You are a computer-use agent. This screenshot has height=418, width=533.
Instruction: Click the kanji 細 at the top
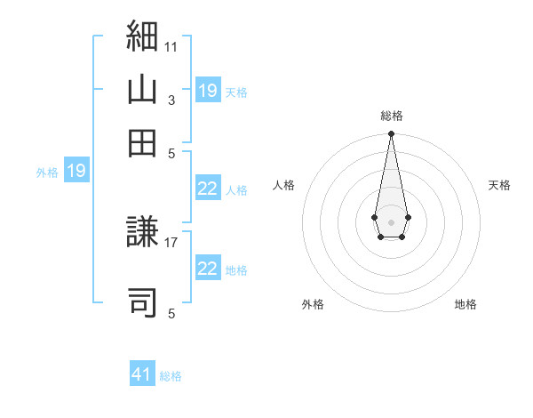(x=142, y=36)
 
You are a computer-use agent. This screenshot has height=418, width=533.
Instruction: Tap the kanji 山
(x=142, y=89)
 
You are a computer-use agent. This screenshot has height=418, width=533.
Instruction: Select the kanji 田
(x=142, y=143)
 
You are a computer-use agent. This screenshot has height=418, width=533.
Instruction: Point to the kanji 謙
(x=142, y=231)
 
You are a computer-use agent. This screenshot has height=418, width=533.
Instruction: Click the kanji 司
(x=142, y=302)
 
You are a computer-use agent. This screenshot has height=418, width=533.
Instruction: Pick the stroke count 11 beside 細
(x=171, y=47)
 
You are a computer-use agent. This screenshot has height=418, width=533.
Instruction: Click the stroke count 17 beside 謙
(x=171, y=243)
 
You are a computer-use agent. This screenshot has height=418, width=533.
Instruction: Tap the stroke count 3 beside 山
(x=171, y=100)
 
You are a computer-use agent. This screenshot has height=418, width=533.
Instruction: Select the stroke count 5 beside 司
(x=171, y=313)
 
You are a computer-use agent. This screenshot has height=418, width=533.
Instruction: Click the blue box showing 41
(x=142, y=373)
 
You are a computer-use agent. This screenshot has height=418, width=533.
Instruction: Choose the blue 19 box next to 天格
(x=209, y=90)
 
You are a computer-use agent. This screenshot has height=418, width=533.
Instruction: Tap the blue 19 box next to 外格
(x=76, y=170)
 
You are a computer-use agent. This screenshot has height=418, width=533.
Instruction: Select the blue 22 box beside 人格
(x=209, y=188)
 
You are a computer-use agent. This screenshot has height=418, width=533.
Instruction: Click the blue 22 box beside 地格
(x=209, y=267)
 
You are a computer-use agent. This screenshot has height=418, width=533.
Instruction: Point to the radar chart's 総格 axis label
(x=392, y=116)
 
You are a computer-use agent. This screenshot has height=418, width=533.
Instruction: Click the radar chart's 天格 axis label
(x=499, y=185)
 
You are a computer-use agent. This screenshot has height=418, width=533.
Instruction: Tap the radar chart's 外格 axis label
(x=313, y=304)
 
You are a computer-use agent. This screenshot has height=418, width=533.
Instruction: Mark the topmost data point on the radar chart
(x=391, y=133)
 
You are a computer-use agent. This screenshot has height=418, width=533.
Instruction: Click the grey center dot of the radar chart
(x=391, y=222)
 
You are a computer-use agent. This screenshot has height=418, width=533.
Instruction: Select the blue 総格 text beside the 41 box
(x=171, y=376)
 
